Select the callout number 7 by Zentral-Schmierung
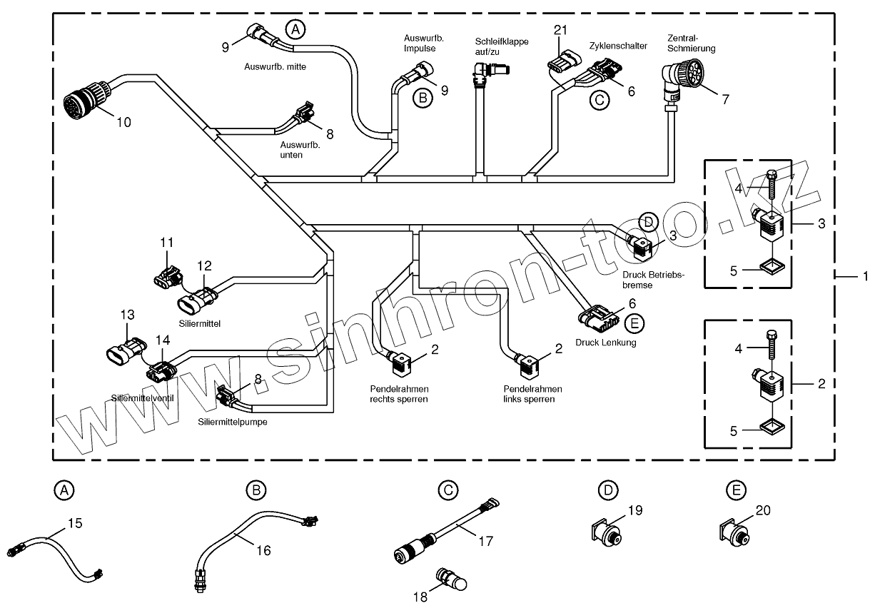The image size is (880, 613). pyautogui.click(x=725, y=99)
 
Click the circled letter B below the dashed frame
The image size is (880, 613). pyautogui.click(x=256, y=490)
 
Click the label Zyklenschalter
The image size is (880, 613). pyautogui.click(x=618, y=46)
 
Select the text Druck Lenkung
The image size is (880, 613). pyautogui.click(x=605, y=343)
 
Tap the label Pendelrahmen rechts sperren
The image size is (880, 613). pyautogui.click(x=399, y=394)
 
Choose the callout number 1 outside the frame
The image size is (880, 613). pyautogui.click(x=866, y=275)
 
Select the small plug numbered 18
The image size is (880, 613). pyautogui.click(x=450, y=579)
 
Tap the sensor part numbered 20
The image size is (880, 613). pyautogui.click(x=734, y=532)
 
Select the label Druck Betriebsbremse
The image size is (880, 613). pyautogui.click(x=653, y=280)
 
